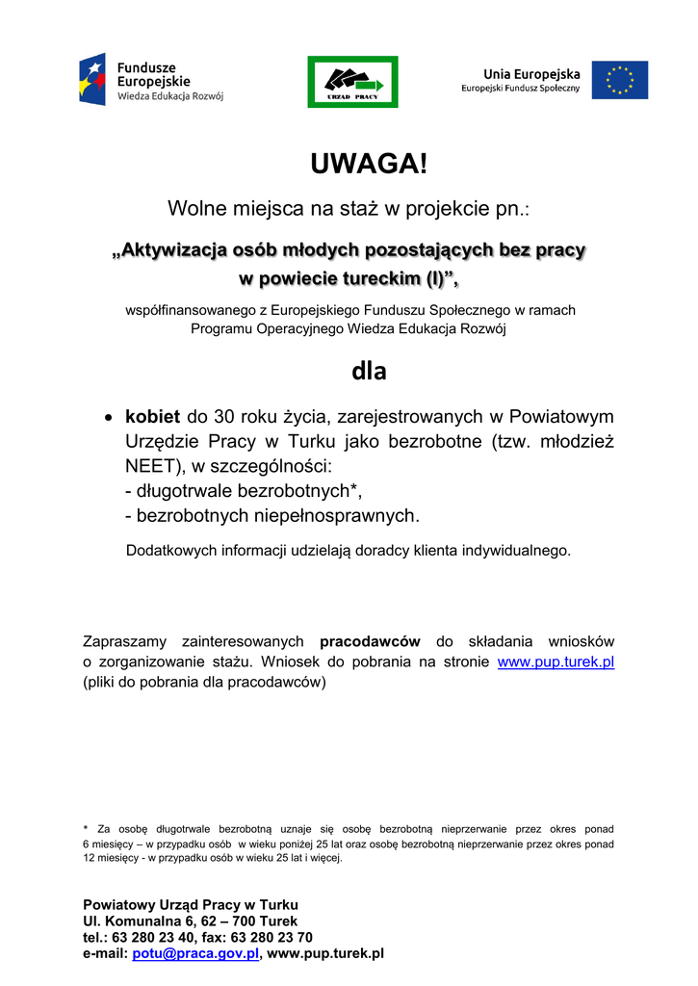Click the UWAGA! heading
pyautogui.click(x=368, y=164)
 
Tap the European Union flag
pyautogui.click(x=619, y=80)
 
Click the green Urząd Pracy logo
pyautogui.click(x=352, y=81)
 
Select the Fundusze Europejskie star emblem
pyautogui.click(x=93, y=81)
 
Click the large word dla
pyautogui.click(x=369, y=371)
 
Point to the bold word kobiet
pyautogui.click(x=152, y=418)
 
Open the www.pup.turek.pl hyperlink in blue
pyautogui.click(x=556, y=662)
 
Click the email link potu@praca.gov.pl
pyautogui.click(x=195, y=953)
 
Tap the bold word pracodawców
pyautogui.click(x=371, y=641)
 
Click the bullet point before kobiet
pyautogui.click(x=109, y=419)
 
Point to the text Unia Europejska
pyautogui.click(x=531, y=73)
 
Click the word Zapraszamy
pyautogui.click(x=126, y=641)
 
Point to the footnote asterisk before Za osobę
pyautogui.click(x=86, y=827)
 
